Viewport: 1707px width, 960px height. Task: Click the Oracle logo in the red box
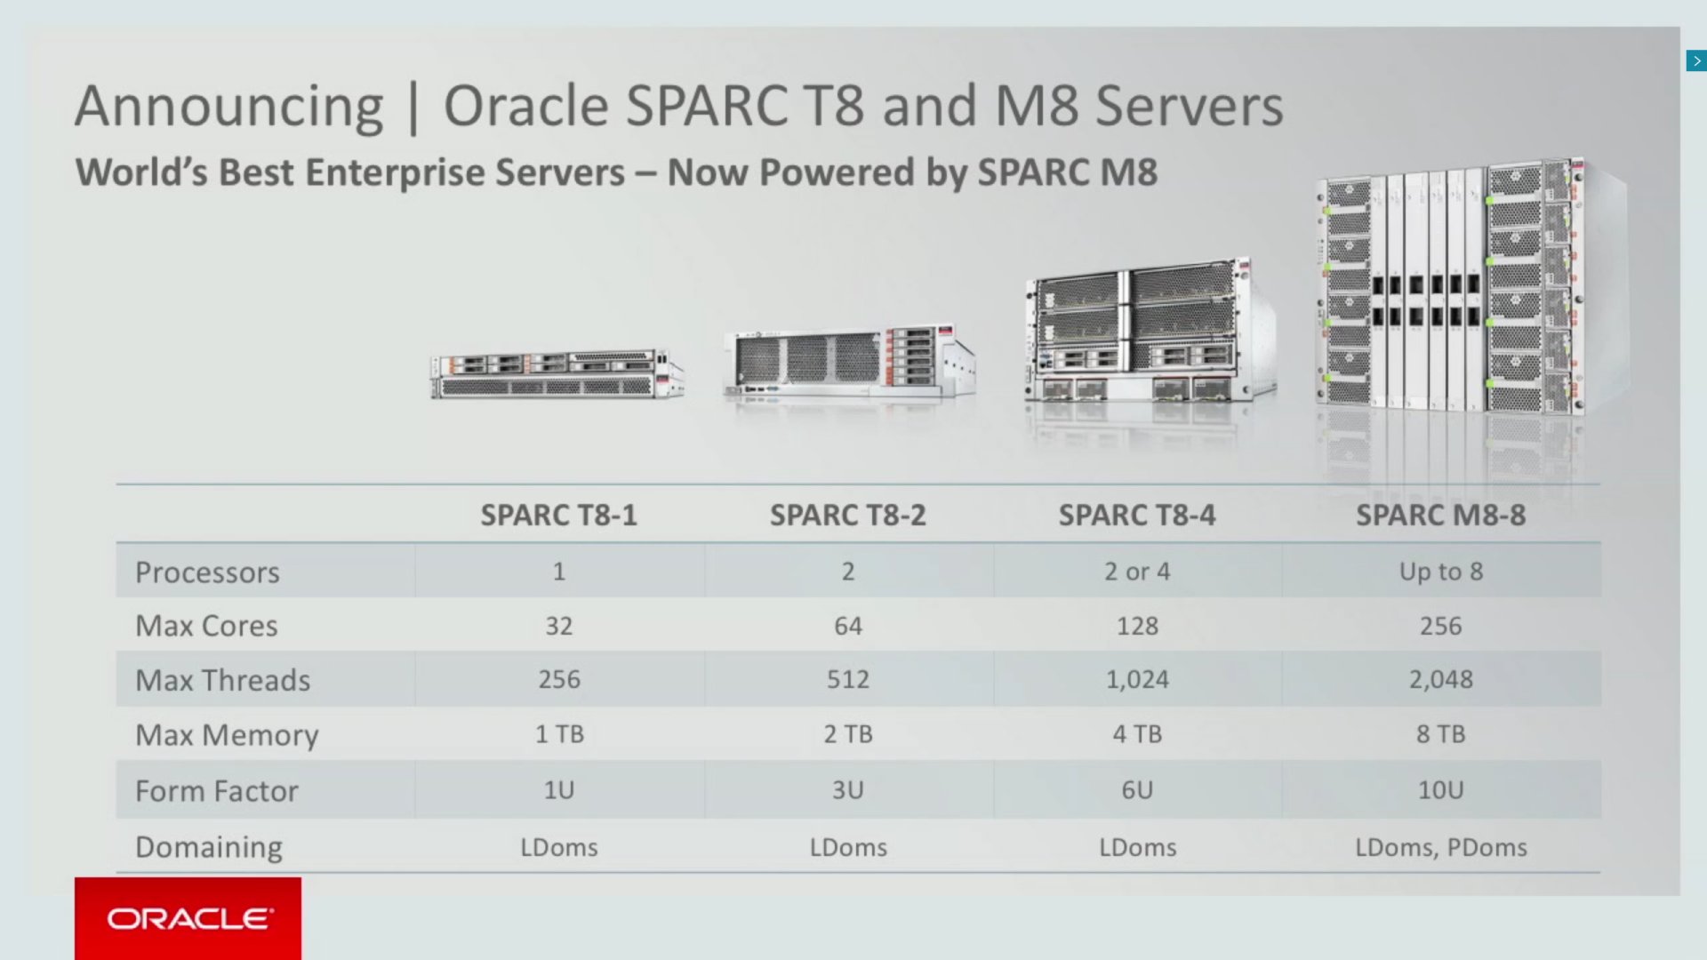188,918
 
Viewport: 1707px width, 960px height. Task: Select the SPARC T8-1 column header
558,516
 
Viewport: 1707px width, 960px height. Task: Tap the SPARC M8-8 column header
1440,516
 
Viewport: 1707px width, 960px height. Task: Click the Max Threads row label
222,680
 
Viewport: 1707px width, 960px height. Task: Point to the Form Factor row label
216,790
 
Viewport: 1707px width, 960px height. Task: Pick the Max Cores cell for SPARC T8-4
1137,626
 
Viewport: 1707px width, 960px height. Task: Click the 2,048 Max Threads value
1440,680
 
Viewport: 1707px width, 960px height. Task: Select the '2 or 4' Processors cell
1137,572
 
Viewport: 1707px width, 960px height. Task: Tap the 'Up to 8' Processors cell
1440,572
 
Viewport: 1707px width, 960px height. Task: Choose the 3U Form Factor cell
847,790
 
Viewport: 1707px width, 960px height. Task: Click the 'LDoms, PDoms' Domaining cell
1440,847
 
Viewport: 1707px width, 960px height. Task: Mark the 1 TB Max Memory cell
558,734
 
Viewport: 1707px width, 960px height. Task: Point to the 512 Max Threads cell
847,680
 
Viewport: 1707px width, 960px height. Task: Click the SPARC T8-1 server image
557,373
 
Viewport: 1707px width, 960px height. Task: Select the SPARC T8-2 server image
849,363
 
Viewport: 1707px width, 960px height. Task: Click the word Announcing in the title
228,107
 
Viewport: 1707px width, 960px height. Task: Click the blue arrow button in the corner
1696,60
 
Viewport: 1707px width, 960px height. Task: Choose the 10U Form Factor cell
1440,790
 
